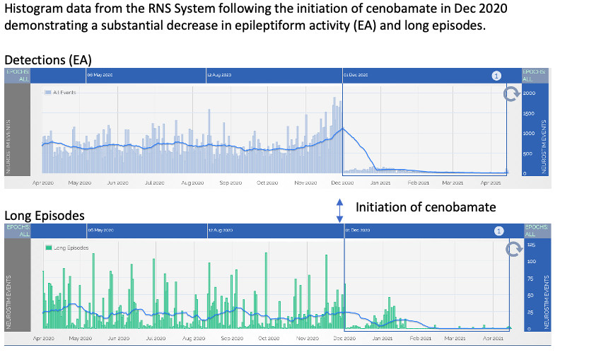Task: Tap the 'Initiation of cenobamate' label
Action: [x=426, y=207]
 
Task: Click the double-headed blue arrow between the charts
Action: [x=339, y=210]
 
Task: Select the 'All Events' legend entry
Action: [x=64, y=93]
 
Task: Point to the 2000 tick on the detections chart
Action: [x=530, y=93]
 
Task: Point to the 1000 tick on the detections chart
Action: [x=530, y=134]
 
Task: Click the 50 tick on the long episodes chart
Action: [x=530, y=295]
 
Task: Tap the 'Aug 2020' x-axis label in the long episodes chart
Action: [x=193, y=339]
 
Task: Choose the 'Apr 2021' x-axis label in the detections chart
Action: [x=491, y=182]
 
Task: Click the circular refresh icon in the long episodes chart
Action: [x=514, y=248]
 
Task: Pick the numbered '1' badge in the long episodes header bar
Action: [x=498, y=231]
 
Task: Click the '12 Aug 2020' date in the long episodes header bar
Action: [x=220, y=231]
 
